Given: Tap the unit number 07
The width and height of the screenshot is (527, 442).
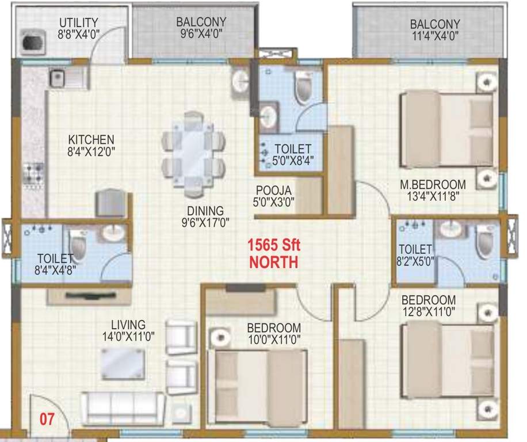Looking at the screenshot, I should (46, 419).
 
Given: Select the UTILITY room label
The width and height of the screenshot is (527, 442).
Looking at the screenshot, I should (79, 22).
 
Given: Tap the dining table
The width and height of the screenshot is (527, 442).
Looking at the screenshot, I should (193, 151).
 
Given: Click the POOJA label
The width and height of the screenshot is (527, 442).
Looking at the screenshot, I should (274, 190).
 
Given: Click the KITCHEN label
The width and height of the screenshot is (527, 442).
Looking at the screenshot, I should (91, 139).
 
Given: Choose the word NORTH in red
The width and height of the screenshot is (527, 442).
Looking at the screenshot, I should (273, 263).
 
